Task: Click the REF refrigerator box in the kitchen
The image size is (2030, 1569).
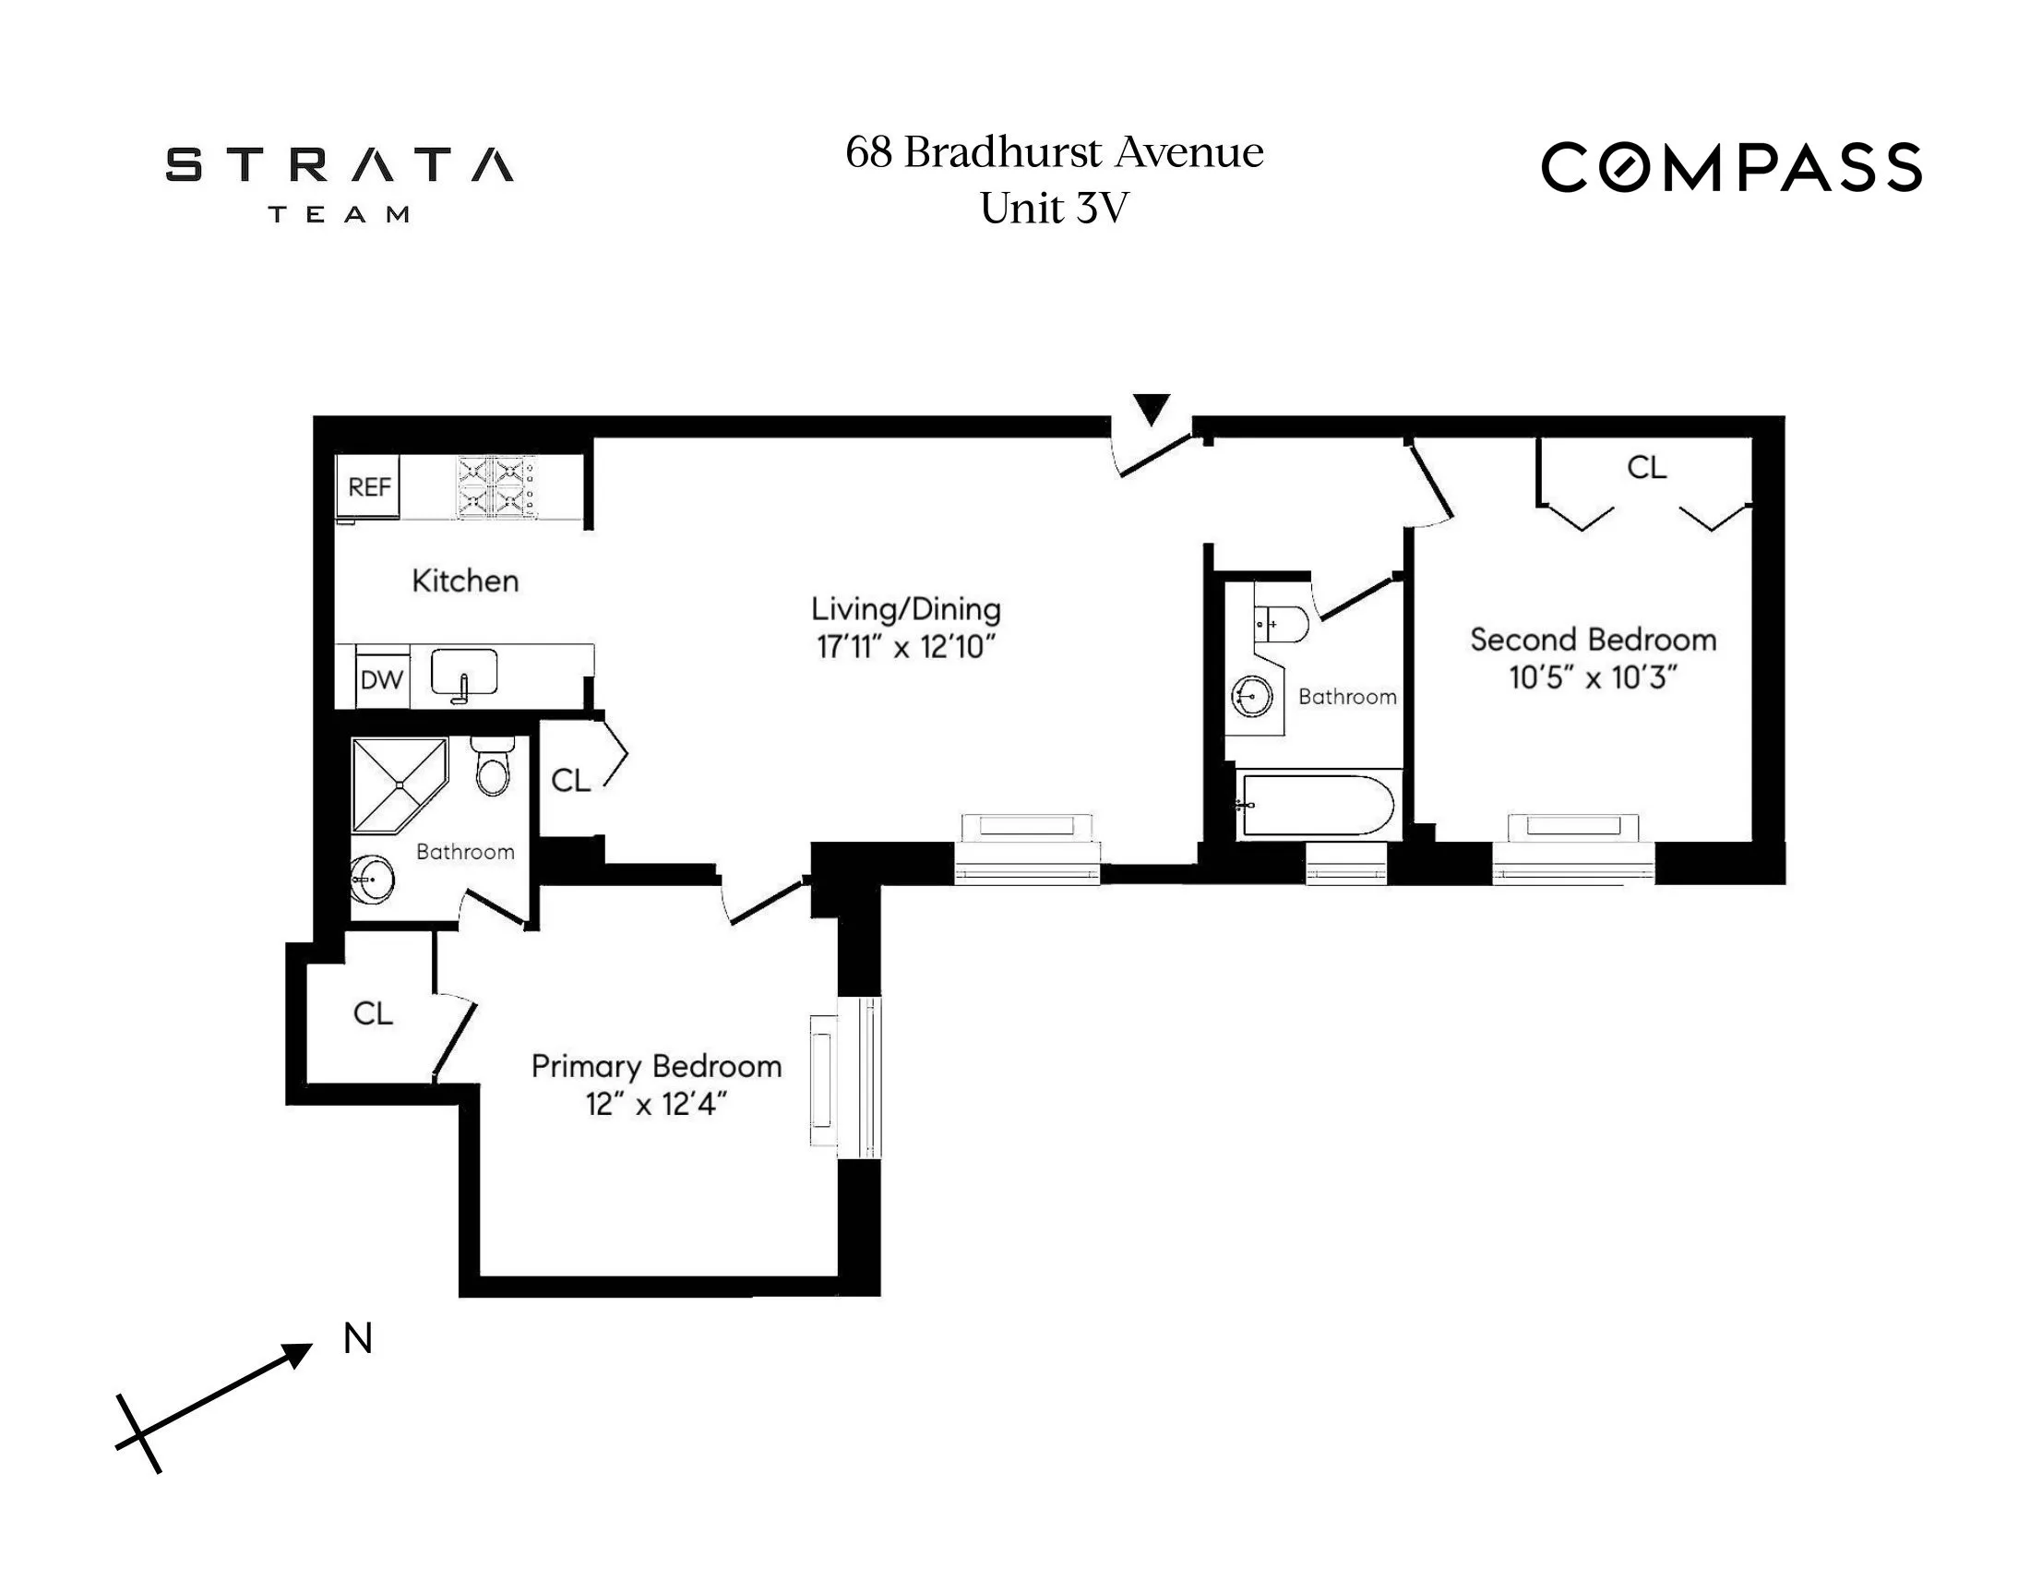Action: tap(368, 486)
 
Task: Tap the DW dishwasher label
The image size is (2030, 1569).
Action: tap(381, 680)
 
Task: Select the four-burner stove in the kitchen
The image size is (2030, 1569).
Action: tap(496, 486)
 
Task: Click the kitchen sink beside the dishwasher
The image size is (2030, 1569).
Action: tap(464, 672)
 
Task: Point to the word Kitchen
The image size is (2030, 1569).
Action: tap(465, 581)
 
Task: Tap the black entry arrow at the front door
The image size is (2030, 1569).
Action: tap(1151, 408)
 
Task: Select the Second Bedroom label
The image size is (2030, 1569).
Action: tap(1593, 640)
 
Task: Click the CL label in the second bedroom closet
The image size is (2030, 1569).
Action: tap(1646, 468)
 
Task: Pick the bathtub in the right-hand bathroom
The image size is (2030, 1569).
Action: tap(1317, 805)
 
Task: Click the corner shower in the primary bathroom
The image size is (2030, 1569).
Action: tap(398, 783)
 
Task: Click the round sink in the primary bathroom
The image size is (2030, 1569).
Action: tap(373, 878)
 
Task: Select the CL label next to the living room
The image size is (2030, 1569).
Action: tap(569, 781)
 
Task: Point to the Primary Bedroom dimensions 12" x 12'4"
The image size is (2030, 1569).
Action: tap(655, 1104)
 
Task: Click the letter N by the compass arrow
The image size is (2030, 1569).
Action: tap(358, 1338)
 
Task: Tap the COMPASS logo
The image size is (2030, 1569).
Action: tap(1731, 167)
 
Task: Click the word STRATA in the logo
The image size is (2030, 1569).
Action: tap(340, 165)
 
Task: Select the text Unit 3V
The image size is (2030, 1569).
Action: tap(1054, 209)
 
